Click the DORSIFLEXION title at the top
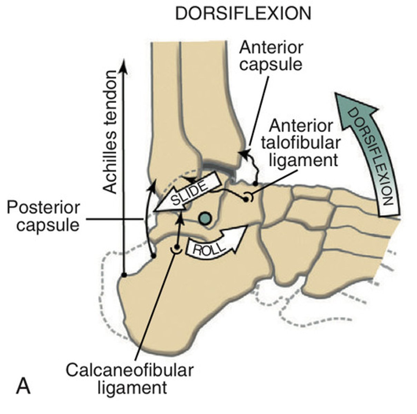243,14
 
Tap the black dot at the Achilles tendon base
124,275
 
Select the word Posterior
43,208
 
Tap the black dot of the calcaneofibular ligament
177,247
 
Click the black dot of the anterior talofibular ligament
247,199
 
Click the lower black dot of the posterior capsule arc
154,256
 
